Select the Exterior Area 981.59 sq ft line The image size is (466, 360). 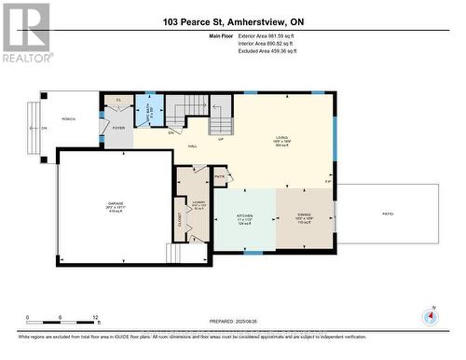(271, 36)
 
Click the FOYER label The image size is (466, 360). (117, 130)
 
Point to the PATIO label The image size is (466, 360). (387, 214)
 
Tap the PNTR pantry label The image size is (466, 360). (220, 176)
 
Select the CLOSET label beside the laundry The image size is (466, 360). (180, 219)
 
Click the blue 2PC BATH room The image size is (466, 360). (150, 111)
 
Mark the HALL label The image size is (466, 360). (192, 146)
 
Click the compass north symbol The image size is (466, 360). (430, 317)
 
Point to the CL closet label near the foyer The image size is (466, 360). (119, 100)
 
